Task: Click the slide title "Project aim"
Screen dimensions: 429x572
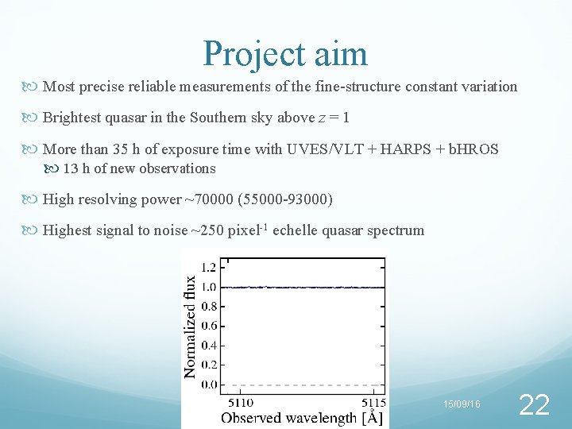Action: click(x=285, y=53)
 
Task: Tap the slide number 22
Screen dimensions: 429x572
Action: click(x=533, y=405)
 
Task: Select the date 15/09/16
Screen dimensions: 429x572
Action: click(x=462, y=405)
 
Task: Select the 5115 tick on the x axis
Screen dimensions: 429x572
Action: click(x=372, y=402)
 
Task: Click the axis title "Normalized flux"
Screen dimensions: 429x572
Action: click(x=191, y=327)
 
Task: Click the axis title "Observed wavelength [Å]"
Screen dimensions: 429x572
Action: click(x=302, y=417)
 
